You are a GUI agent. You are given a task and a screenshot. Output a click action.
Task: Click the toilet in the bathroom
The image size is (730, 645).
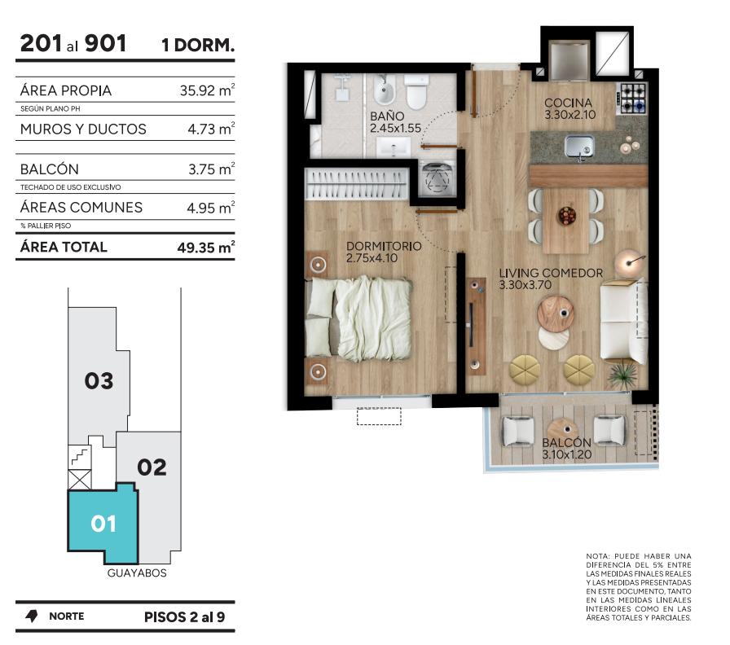click(x=416, y=91)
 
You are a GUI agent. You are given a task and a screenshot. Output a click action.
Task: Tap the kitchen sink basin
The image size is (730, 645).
click(x=579, y=146)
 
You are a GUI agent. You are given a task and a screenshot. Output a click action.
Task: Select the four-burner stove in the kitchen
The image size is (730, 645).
click(x=633, y=99)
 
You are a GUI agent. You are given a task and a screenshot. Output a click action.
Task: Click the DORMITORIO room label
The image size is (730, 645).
click(x=384, y=246)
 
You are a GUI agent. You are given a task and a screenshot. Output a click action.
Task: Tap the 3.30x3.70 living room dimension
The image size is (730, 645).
click(x=525, y=285)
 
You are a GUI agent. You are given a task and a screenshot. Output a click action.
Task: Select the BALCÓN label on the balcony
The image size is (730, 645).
click(x=566, y=442)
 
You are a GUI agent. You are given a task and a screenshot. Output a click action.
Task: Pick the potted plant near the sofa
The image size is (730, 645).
click(x=622, y=374)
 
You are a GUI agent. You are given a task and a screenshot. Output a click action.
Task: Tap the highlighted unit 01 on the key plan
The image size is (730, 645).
click(x=103, y=523)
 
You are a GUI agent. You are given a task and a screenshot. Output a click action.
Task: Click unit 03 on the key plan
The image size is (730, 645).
click(x=99, y=380)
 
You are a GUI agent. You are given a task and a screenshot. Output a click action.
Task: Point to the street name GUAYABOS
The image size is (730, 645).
click(x=137, y=573)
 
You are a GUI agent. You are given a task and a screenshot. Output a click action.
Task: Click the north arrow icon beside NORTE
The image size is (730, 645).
click(x=32, y=616)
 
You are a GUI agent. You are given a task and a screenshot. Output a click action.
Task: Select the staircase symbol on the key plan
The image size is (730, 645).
click(x=80, y=457)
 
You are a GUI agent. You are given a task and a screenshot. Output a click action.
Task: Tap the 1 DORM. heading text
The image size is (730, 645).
click(x=198, y=45)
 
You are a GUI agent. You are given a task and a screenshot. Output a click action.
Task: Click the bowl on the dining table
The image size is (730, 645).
click(x=566, y=216)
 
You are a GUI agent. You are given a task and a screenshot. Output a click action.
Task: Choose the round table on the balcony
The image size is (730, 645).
click(x=563, y=432)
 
